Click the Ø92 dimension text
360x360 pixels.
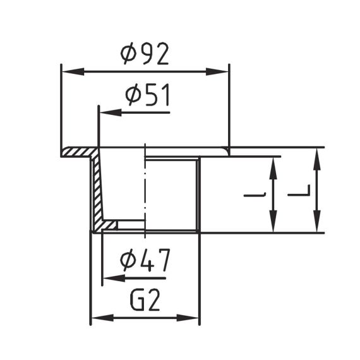point(145,54)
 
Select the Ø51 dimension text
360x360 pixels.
point(148,95)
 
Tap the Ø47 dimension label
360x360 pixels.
point(145,260)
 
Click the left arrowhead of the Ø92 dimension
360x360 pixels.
point(73,71)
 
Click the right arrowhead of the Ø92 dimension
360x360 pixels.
point(217,71)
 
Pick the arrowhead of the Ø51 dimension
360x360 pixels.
point(111,112)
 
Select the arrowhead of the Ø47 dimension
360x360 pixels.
point(114,279)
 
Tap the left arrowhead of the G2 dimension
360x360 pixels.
point(102,318)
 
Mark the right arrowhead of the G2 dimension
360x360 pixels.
point(188,318)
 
